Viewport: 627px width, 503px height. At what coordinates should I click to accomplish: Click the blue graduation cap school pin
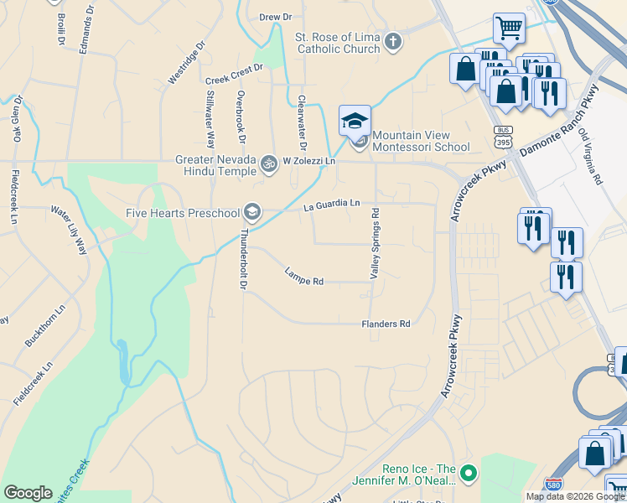tap(355, 122)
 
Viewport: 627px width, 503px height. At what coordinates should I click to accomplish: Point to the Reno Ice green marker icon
tap(468, 474)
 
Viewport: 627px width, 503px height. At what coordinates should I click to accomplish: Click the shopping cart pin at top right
tap(509, 29)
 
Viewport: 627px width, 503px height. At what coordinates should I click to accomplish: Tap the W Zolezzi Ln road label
tap(308, 161)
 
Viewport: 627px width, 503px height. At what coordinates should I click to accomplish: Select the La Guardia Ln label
tap(332, 203)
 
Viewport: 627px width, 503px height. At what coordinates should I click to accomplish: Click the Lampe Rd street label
tap(304, 276)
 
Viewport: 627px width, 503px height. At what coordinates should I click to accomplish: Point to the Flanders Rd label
tap(386, 324)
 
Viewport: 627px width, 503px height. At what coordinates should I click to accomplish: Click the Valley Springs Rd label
tap(375, 243)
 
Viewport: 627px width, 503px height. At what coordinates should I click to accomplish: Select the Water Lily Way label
tap(69, 231)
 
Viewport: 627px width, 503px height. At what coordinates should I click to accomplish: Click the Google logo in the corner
tap(28, 493)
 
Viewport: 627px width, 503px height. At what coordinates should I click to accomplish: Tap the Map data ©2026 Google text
tap(574, 496)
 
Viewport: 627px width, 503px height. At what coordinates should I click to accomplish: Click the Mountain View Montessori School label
tap(421, 141)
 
